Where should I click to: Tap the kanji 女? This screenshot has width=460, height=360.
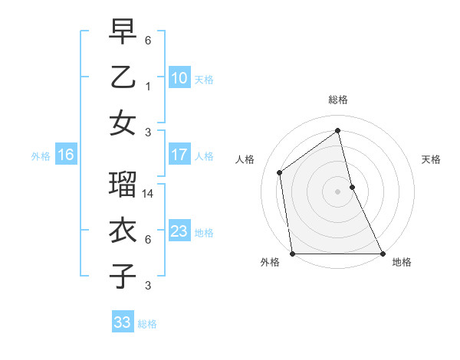(x=123, y=123)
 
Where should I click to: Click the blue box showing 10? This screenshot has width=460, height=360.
(x=179, y=77)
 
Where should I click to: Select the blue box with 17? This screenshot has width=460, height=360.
(x=179, y=155)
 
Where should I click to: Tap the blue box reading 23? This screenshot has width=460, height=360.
(x=179, y=231)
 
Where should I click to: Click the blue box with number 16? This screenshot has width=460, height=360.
(x=65, y=155)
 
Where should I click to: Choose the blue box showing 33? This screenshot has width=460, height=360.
(x=122, y=322)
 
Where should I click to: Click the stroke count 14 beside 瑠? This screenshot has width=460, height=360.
(x=149, y=195)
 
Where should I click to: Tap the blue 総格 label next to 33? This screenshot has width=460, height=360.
(x=147, y=324)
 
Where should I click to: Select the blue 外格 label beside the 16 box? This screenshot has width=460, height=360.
(x=41, y=156)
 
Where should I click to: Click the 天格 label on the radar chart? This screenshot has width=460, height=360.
(x=431, y=159)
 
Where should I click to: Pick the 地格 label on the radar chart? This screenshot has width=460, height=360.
(x=402, y=262)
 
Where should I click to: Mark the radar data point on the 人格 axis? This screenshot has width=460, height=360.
(x=280, y=172)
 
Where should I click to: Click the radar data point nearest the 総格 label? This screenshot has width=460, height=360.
(x=337, y=130)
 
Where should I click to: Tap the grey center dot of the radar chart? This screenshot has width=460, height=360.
(x=337, y=191)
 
